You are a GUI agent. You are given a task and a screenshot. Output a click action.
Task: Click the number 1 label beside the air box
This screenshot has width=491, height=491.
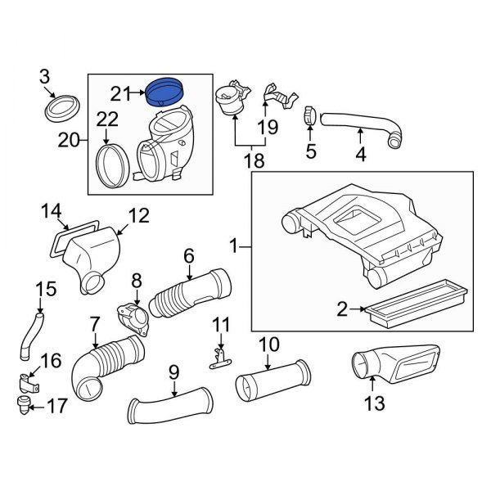[x=234, y=245]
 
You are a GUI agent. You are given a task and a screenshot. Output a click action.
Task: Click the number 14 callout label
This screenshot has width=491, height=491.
[x=51, y=214]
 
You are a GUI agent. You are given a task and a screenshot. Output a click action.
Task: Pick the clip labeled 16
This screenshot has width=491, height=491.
[x=28, y=381]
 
